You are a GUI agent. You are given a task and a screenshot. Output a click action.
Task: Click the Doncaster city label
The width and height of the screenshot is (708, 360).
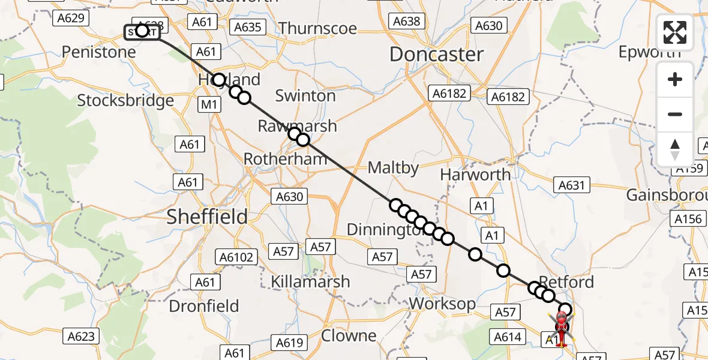[x=436, y=55]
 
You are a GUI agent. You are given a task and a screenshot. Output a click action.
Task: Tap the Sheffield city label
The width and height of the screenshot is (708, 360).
[x=207, y=217]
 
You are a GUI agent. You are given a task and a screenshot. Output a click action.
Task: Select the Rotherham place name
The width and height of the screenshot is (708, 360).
[x=285, y=159]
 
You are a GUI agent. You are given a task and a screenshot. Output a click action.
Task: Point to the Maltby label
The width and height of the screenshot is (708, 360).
[x=393, y=168]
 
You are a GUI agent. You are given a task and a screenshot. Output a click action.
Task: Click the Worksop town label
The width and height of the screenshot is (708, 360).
[x=442, y=304]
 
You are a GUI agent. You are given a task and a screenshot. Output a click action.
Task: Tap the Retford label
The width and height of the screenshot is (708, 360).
[x=566, y=281]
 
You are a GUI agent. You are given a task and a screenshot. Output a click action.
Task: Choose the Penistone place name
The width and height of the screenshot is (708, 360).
[x=99, y=52]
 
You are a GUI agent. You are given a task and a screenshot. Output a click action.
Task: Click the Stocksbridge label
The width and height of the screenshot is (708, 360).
[x=125, y=100]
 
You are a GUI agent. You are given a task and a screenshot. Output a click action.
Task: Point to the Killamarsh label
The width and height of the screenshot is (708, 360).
[x=310, y=281]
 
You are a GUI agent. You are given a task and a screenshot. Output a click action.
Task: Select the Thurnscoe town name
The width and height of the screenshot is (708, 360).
[x=317, y=28]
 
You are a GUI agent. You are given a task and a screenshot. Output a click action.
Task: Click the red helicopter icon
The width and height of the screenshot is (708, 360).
[x=561, y=327]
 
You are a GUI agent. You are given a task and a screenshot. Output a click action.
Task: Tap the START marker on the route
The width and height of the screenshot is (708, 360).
[x=142, y=31]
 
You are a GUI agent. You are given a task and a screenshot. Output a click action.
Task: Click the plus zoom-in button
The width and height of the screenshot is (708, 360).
[x=675, y=79]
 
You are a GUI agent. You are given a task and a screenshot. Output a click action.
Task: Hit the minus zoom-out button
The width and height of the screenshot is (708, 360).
[x=675, y=114]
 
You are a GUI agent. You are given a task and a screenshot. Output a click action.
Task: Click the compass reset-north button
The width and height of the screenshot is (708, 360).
[x=675, y=149]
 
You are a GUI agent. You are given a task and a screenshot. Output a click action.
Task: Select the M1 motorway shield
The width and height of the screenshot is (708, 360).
[x=208, y=105]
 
